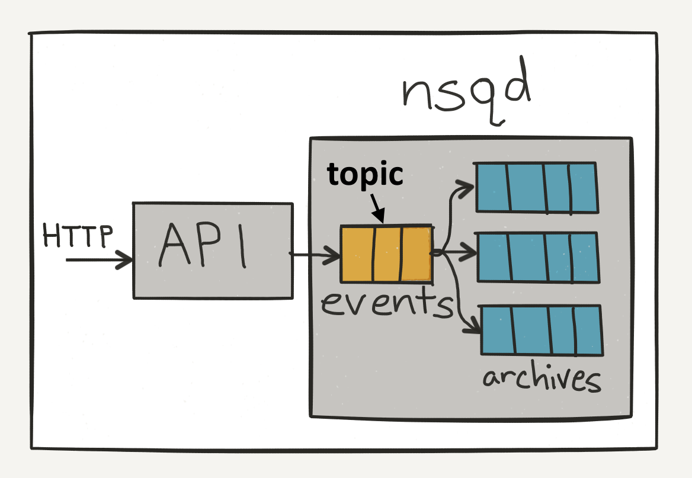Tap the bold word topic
coord(365,174)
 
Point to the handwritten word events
coord(387,301)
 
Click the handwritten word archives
coord(542,377)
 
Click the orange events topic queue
coord(387,254)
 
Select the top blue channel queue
coord(536,188)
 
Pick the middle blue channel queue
coord(538,257)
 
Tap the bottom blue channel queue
coord(542,330)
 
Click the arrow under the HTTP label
coord(100,259)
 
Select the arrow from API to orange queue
coord(314,255)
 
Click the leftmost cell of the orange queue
coord(357,254)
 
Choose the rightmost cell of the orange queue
coord(416,254)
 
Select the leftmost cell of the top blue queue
coord(493,188)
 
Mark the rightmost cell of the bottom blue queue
coord(588,331)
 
